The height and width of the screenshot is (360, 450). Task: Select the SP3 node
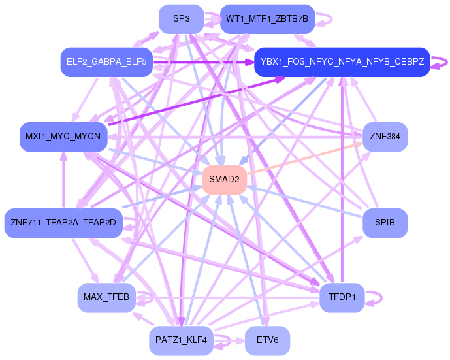tap(182, 19)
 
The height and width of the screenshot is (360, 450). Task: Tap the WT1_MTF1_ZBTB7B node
tap(267, 19)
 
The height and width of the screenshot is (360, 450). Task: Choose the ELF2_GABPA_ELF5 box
tap(106, 63)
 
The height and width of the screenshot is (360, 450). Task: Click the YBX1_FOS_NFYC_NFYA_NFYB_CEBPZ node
tap(342, 63)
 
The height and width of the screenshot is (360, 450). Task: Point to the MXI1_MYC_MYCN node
tap(63, 137)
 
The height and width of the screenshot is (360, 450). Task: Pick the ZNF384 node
tap(385, 137)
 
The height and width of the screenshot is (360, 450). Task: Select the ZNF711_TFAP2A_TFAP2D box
tap(63, 223)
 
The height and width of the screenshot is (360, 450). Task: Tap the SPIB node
tap(385, 223)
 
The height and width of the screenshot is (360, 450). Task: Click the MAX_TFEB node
tap(106, 297)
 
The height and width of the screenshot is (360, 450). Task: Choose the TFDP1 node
tap(342, 297)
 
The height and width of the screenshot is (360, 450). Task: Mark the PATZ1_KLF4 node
tap(181, 340)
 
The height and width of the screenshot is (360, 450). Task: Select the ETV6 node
tap(267, 340)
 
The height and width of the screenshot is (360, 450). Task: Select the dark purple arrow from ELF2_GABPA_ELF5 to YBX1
tap(202, 63)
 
